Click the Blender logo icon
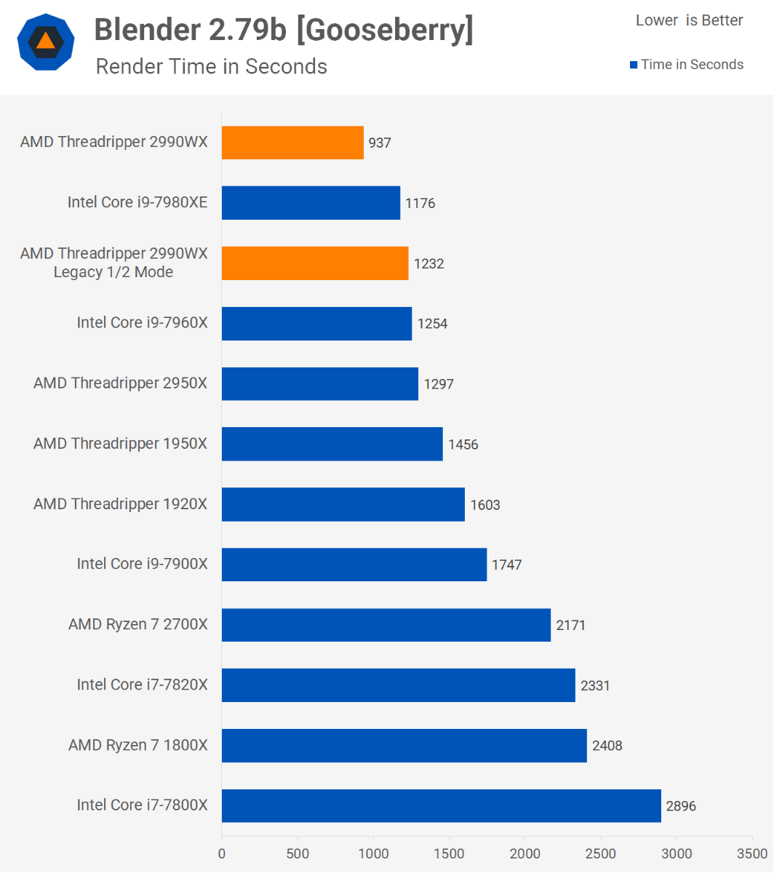click(x=46, y=41)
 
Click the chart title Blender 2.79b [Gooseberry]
click(x=284, y=30)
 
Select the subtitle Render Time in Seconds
click(x=211, y=66)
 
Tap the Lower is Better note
click(x=689, y=20)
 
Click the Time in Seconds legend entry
click(x=686, y=64)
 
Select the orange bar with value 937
click(x=292, y=143)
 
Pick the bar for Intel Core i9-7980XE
click(x=311, y=202)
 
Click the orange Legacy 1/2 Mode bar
click(x=315, y=263)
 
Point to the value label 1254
click(x=432, y=324)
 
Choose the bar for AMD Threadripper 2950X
click(x=320, y=383)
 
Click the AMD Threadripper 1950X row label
click(x=120, y=443)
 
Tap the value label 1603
click(x=485, y=505)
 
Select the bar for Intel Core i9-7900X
click(x=354, y=565)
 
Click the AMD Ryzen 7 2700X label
click(x=137, y=624)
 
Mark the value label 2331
click(x=595, y=685)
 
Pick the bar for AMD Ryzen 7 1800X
click(x=404, y=745)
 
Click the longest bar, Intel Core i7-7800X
click(x=441, y=805)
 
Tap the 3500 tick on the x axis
click(x=754, y=853)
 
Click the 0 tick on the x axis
click(x=222, y=853)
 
